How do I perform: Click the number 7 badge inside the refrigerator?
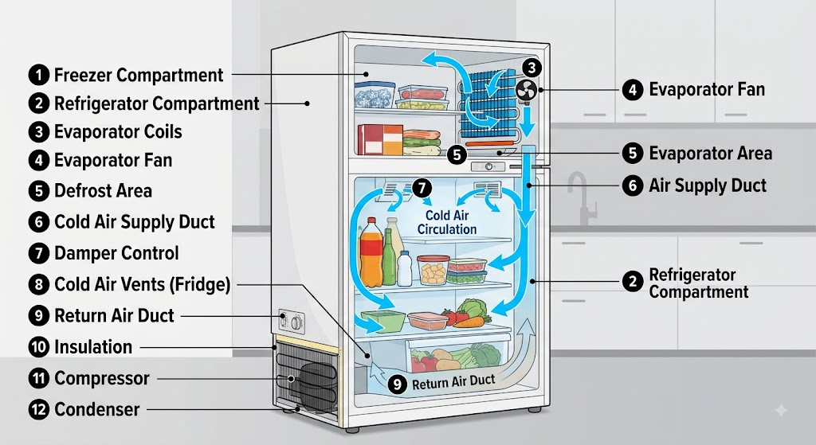(x=422, y=188)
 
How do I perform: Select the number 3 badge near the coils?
(x=532, y=68)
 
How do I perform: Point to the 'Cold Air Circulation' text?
(x=447, y=223)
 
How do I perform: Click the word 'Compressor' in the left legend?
(x=102, y=378)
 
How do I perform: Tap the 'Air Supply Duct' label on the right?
(x=708, y=185)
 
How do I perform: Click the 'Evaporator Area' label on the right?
(x=710, y=154)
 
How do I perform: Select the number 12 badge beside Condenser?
(x=38, y=410)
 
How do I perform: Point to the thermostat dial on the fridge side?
(x=296, y=324)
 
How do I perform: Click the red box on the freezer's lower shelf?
(x=371, y=140)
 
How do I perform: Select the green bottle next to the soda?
(x=389, y=258)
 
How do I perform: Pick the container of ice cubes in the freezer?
(x=375, y=96)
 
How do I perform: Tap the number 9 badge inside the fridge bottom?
(x=398, y=384)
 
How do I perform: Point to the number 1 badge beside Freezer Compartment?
(x=38, y=75)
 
